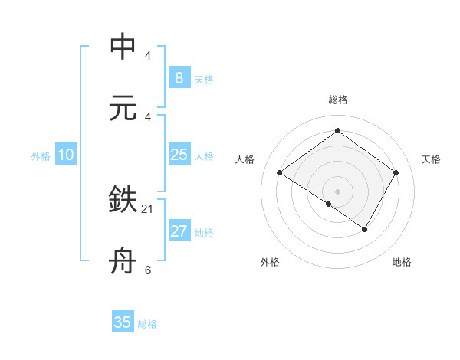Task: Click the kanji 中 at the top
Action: [123, 47]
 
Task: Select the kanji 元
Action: [123, 108]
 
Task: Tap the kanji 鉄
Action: [123, 200]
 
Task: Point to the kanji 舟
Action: [123, 261]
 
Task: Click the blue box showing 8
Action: [179, 77]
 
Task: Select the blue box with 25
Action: [179, 155]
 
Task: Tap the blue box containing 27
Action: [179, 231]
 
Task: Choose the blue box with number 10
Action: [66, 155]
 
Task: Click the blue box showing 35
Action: [123, 322]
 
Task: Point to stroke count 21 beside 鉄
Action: [148, 208]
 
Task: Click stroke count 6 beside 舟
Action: [148, 270]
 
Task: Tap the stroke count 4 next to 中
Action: [148, 56]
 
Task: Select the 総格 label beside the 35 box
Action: [147, 324]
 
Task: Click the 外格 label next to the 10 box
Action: [41, 156]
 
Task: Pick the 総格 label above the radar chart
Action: [337, 100]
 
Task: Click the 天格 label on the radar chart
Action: [431, 159]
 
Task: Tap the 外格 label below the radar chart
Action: [269, 262]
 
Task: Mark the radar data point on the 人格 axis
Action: [280, 173]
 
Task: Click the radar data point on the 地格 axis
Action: [365, 229]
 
